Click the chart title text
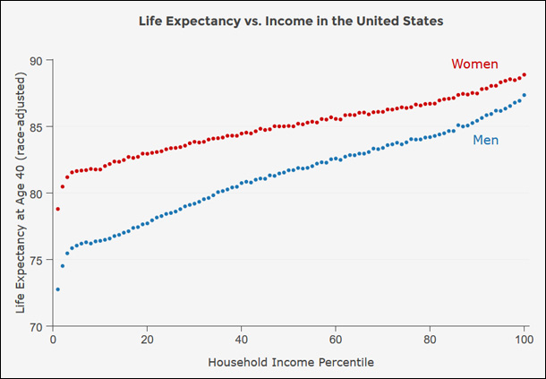click(291, 19)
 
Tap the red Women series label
click(474, 64)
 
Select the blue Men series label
click(485, 140)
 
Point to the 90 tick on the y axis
click(37, 60)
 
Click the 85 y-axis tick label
click(37, 126)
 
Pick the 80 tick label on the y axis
click(37, 194)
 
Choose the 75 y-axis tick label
click(37, 260)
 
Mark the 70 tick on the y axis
click(37, 326)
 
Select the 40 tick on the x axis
click(242, 340)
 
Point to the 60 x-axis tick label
click(336, 340)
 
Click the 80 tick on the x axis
click(430, 340)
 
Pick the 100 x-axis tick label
click(524, 340)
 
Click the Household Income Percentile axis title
click(291, 363)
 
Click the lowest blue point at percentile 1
click(57, 289)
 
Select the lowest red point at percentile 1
click(57, 209)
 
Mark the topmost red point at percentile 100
click(524, 75)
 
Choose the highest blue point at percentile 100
click(524, 95)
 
